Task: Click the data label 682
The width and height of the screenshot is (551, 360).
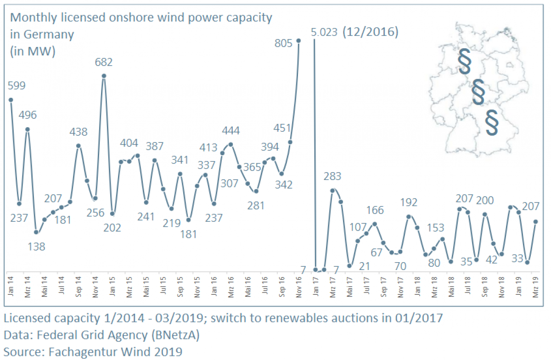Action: (103, 62)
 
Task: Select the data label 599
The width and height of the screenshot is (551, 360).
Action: (16, 85)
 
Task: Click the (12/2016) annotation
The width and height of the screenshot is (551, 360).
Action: (370, 32)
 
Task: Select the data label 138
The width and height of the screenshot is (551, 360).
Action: (36, 247)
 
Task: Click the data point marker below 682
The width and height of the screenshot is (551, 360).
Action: (104, 76)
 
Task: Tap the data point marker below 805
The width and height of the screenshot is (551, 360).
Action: (298, 41)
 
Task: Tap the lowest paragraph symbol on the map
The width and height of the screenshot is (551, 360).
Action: (492, 122)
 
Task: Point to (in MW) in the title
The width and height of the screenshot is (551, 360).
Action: (32, 51)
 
